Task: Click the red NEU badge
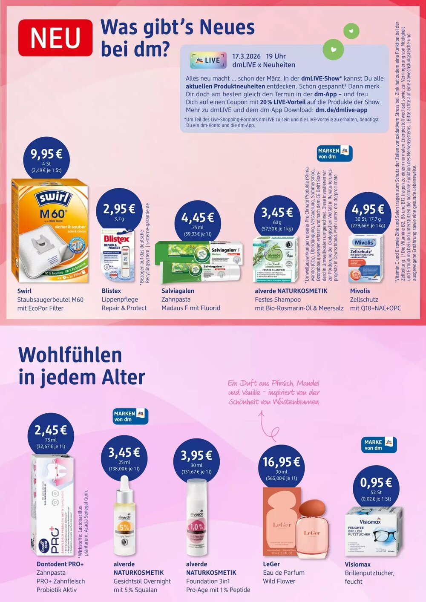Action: pyautogui.click(x=55, y=38)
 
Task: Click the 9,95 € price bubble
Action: pyautogui.click(x=46, y=159)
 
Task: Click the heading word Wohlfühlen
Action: pyautogui.click(x=70, y=355)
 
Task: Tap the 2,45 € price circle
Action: pyautogui.click(x=51, y=435)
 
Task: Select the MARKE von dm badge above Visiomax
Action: pyautogui.click(x=378, y=445)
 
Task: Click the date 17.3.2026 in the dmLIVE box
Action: pyautogui.click(x=246, y=56)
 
